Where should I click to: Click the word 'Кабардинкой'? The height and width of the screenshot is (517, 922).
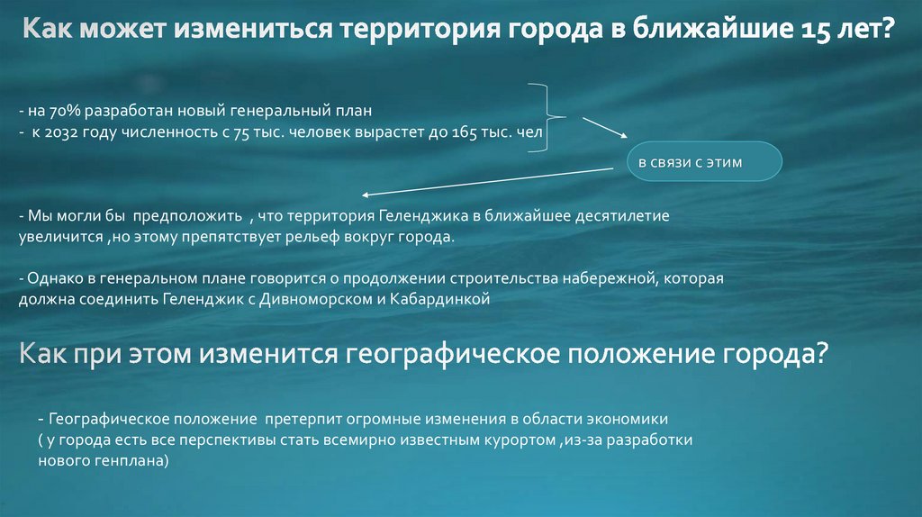point(447,298)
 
